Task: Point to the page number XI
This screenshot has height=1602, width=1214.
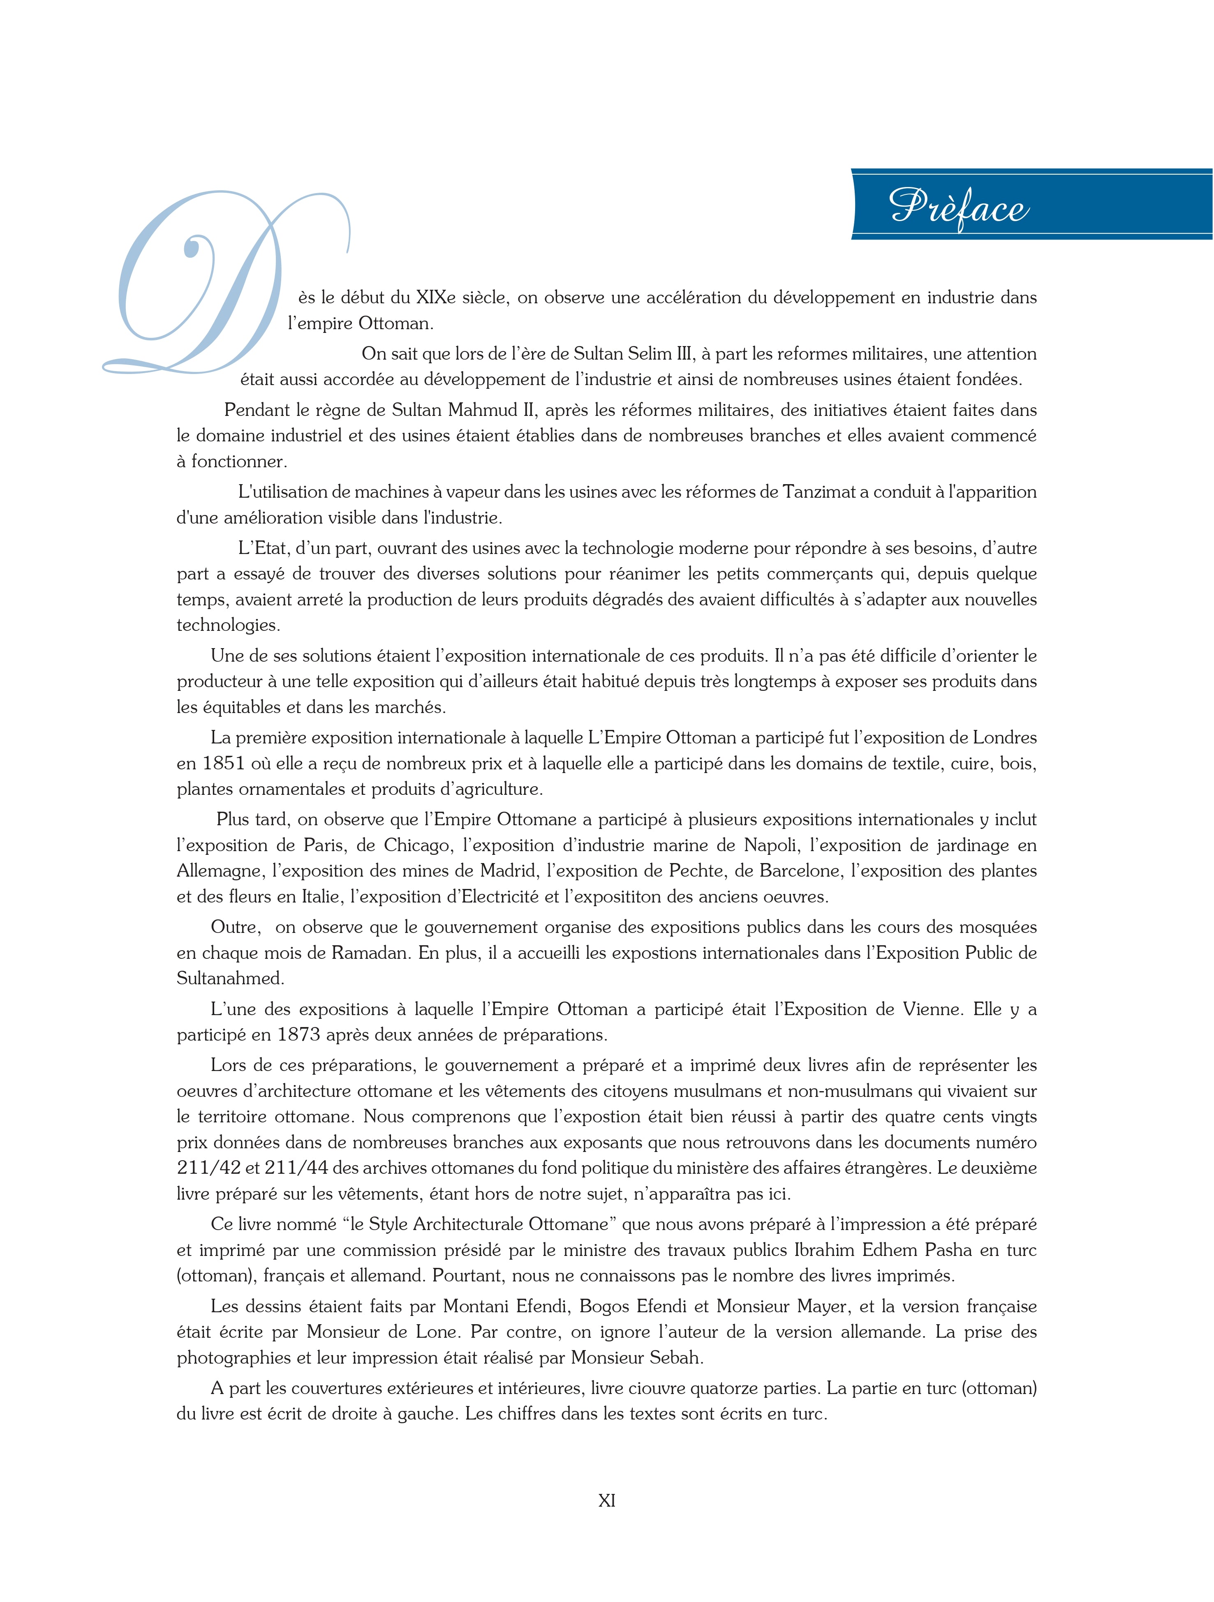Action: (x=606, y=1500)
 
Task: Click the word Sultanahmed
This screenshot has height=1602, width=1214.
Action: (x=230, y=979)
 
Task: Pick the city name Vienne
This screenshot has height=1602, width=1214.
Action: (x=933, y=1009)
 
